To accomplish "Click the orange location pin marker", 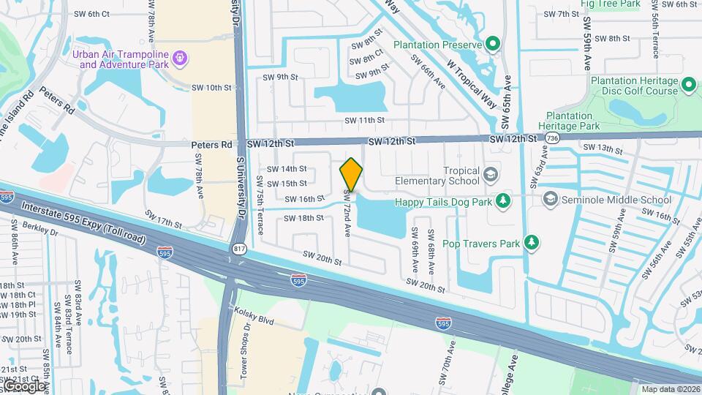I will [x=351, y=175].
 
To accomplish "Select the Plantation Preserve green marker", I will [x=493, y=45].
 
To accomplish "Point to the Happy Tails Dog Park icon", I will [x=503, y=200].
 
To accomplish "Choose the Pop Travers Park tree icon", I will [x=532, y=243].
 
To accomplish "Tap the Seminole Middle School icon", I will [x=550, y=199].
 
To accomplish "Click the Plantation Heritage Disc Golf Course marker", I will [x=688, y=86].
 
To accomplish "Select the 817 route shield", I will [x=238, y=250].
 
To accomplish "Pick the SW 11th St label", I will [x=366, y=120].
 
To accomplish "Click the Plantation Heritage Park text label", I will [x=570, y=121].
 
